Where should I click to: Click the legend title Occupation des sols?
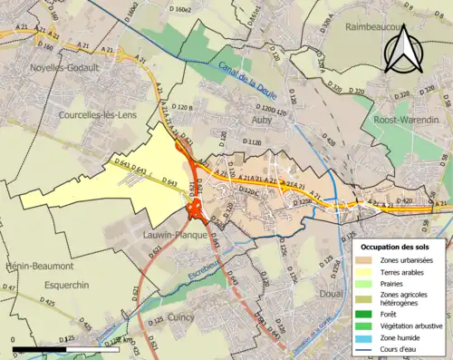pyautogui.click(x=396, y=247)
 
